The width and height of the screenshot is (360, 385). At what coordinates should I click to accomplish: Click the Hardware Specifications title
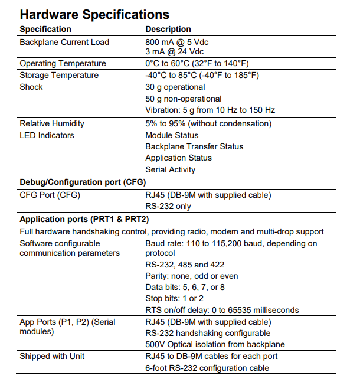(x=94, y=14)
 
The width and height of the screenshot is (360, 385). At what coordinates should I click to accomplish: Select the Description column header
(x=168, y=29)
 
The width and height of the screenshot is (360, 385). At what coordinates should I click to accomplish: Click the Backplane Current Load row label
(x=64, y=42)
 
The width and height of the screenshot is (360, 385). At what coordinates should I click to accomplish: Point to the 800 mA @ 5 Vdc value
(x=177, y=42)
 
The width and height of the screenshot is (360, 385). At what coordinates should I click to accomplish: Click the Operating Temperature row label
(x=63, y=63)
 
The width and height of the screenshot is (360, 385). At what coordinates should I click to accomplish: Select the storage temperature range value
(x=202, y=75)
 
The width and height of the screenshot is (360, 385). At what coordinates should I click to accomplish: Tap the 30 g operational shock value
(x=175, y=87)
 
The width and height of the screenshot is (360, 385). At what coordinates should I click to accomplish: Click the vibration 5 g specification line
(x=210, y=110)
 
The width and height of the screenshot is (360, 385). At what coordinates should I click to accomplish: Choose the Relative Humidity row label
(x=52, y=123)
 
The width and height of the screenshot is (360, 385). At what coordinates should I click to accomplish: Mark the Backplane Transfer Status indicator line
(x=194, y=146)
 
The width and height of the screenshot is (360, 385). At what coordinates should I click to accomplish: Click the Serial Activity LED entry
(x=171, y=169)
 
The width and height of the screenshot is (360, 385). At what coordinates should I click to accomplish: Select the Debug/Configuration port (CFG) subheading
(x=83, y=182)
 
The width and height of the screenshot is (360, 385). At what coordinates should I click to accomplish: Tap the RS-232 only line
(x=168, y=206)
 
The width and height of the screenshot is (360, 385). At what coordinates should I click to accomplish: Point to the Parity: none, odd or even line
(x=192, y=276)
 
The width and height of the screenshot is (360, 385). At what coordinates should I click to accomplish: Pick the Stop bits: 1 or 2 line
(x=175, y=299)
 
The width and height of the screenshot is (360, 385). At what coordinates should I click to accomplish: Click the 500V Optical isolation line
(x=215, y=344)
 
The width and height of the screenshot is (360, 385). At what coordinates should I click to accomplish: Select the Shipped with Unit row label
(x=52, y=356)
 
